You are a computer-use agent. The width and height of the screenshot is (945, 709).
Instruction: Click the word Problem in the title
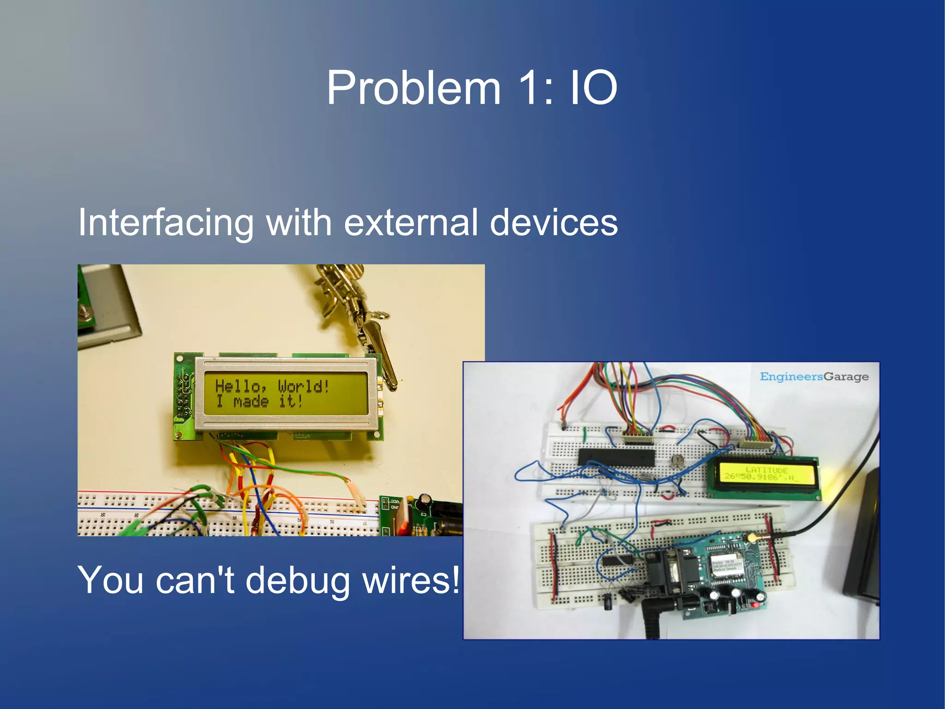tap(413, 88)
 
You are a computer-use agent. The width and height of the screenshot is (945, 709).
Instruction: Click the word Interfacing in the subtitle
tap(166, 223)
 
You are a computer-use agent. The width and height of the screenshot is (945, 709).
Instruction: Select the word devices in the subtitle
tap(553, 223)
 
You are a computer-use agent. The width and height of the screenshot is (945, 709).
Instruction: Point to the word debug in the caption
tap(298, 581)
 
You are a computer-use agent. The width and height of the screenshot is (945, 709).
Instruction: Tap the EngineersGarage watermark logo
tap(814, 377)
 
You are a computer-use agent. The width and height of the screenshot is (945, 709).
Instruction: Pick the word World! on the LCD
tap(304, 386)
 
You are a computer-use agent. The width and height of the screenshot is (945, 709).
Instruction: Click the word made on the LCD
tap(251, 401)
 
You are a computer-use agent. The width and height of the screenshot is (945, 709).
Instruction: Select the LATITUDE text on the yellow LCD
tap(766, 470)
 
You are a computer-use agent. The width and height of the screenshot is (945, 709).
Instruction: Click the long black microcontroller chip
tap(616, 457)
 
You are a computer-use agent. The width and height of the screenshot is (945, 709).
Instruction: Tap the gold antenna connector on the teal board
tap(752, 538)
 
